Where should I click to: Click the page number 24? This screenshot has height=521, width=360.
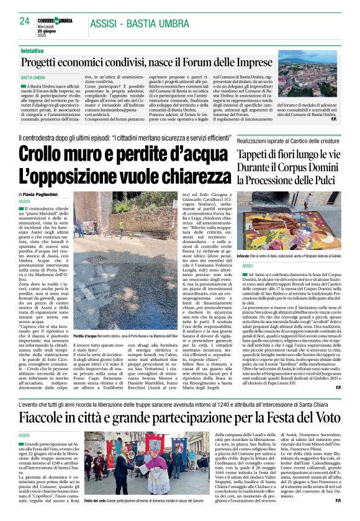(25, 21)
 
